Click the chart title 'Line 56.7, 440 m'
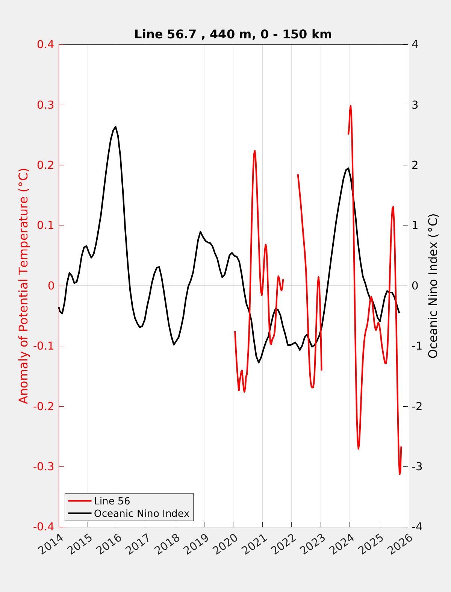[233, 34]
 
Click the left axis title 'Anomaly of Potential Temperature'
[24, 286]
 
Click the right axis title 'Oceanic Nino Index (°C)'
[433, 286]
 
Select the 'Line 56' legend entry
[112, 501]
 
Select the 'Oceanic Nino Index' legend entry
[141, 513]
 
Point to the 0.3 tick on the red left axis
[45, 105]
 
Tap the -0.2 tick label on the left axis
[44, 406]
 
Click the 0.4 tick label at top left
[45, 44]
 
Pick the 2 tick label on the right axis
[415, 165]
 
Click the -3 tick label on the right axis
[416, 467]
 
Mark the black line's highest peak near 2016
[115, 127]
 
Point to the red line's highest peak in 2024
[351, 106]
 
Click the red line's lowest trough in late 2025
[400, 474]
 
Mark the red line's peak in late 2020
[254, 151]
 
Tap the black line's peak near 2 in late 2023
[348, 168]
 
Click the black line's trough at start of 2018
[174, 345]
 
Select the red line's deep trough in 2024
[359, 448]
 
